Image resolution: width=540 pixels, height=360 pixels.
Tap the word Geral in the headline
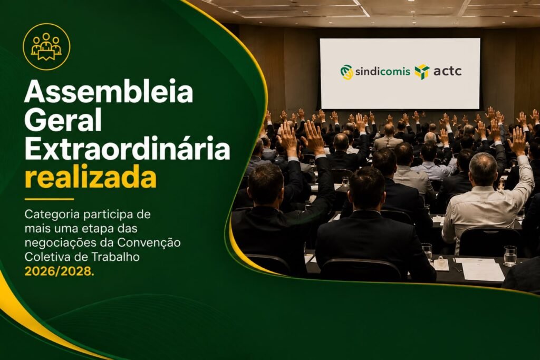click(63, 120)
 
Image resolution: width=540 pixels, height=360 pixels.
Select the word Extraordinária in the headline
click(127, 148)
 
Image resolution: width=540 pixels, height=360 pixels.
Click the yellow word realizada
click(91, 177)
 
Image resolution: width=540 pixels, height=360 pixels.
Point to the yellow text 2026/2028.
click(59, 271)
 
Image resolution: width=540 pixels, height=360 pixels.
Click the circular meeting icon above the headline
click(46, 47)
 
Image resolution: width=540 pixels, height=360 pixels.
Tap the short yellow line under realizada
click(49, 199)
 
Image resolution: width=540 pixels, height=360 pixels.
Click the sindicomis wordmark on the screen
click(382, 71)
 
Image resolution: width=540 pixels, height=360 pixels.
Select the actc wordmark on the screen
click(447, 72)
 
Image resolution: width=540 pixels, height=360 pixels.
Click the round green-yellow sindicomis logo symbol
click(347, 72)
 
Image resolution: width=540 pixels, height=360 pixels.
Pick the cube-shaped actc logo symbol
click(422, 72)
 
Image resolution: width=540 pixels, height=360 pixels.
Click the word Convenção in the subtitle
click(149, 242)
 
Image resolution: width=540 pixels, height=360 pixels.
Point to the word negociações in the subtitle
click(61, 243)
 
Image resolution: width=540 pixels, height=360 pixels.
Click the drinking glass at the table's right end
click(510, 256)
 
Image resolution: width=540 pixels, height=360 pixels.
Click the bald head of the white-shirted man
click(483, 168)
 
